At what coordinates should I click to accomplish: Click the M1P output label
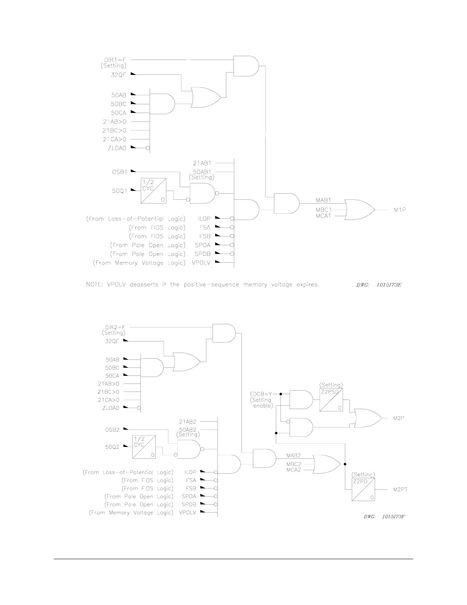pos(399,210)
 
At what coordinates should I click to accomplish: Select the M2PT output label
pos(400,489)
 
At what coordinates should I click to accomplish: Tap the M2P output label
pos(399,418)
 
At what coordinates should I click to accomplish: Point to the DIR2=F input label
pos(115,327)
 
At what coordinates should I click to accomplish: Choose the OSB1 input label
pos(119,172)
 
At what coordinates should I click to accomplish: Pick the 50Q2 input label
pos(113,447)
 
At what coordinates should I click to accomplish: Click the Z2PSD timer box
pos(331,400)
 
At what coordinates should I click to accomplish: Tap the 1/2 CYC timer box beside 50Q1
pos(153,191)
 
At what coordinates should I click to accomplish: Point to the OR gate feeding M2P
pos(367,418)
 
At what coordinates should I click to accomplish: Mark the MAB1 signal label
pos(324,200)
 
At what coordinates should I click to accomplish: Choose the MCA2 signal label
pos(294,469)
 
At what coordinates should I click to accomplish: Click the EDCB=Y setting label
pos(261,394)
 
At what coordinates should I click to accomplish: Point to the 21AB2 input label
pos(187,422)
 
